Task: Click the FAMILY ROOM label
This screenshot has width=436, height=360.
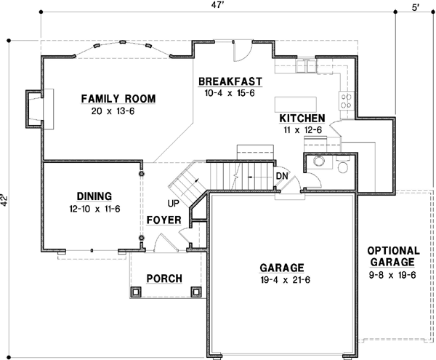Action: coord(118,99)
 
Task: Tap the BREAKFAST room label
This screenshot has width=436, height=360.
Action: coord(230,81)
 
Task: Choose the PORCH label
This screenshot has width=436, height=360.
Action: coord(164,279)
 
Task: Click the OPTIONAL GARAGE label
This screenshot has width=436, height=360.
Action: coord(391,255)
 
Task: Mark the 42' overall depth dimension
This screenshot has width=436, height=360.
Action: coord(5,199)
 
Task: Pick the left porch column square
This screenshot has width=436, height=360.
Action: coord(135,292)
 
